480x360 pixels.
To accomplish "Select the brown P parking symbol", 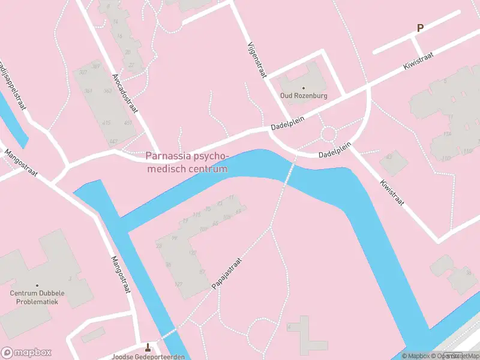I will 421,28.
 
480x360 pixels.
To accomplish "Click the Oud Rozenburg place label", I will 303,95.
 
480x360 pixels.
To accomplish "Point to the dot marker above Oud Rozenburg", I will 303,88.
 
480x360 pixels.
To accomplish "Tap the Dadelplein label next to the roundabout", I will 334,154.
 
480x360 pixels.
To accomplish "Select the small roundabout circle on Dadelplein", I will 329,133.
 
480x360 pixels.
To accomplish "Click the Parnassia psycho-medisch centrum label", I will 187,163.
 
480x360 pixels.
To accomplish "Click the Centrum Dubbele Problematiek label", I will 37,298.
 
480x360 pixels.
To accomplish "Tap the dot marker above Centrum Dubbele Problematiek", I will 37,286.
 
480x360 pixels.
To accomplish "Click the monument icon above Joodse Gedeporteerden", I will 148,347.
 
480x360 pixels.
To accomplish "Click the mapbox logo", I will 26,352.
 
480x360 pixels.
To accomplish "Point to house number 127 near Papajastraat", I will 178,284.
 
